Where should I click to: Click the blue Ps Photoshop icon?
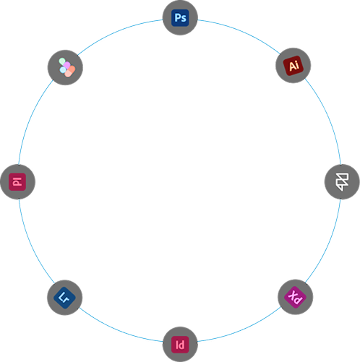tap(180, 18)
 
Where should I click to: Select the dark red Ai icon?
tap(293, 66)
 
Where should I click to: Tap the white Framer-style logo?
tap(342, 181)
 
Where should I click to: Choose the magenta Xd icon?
tap(296, 297)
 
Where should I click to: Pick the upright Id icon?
tap(180, 345)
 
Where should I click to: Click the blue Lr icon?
tap(64, 298)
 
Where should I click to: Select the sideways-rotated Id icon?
tap(17, 181)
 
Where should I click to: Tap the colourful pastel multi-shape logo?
tap(67, 67)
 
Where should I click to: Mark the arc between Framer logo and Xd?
tap(329, 244)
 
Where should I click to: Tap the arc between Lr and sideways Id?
tap(31, 244)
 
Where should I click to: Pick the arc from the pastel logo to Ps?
tap(118, 33)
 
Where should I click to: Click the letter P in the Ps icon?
tap(178, 17)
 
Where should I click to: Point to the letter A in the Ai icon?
tap(291, 66)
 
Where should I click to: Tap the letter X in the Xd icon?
tap(293, 295)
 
